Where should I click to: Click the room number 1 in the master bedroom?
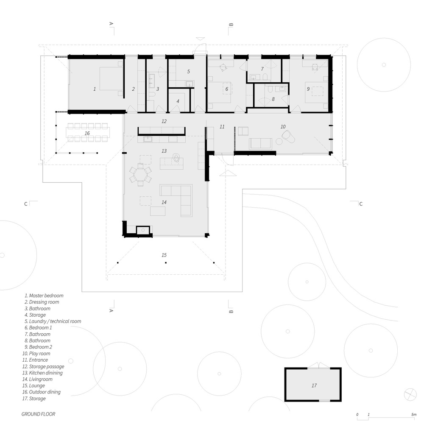pyautogui.click(x=94, y=89)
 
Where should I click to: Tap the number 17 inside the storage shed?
pyautogui.click(x=314, y=385)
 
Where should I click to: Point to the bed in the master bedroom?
pyautogui.click(x=109, y=78)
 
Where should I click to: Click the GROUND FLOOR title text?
pyautogui.click(x=38, y=414)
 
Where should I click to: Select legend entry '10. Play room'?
pyautogui.click(x=37, y=354)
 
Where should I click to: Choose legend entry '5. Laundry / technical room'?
pyautogui.click(x=53, y=321)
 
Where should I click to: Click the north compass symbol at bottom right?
pyautogui.click(x=410, y=394)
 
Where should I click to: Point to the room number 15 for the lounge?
pyautogui.click(x=164, y=255)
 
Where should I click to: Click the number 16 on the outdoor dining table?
pyautogui.click(x=87, y=133)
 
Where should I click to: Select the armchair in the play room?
pyautogui.click(x=286, y=137)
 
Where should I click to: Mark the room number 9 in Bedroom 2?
pyautogui.click(x=307, y=89)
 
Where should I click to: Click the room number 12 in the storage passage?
pyautogui.click(x=164, y=121)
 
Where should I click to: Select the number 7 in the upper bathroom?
pyautogui.click(x=262, y=69)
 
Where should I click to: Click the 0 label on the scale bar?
pyautogui.click(x=357, y=414)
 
